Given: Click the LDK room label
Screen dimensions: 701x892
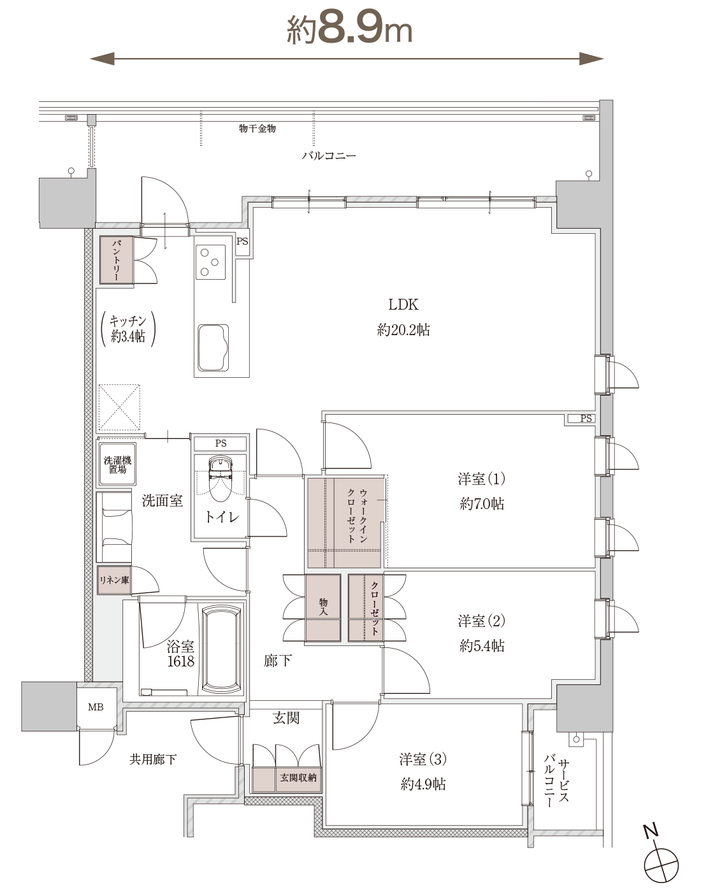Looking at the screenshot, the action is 403,305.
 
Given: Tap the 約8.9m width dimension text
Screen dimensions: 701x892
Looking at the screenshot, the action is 349,29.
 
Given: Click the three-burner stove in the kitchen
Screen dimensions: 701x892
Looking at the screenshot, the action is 210,262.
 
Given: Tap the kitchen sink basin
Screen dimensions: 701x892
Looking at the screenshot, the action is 213,348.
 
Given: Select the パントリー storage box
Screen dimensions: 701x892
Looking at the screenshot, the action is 117,260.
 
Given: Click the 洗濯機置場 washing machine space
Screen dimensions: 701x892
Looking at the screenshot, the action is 117,464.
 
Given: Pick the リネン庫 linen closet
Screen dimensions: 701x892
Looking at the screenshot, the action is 114,580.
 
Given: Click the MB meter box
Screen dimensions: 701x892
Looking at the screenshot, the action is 96,707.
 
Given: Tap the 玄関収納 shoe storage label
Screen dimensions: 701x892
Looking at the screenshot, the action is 298,777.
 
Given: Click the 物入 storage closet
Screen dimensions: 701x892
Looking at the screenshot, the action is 323,608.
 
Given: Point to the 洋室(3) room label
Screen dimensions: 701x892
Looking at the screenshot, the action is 423,759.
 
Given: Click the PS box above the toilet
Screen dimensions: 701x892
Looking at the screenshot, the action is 220,443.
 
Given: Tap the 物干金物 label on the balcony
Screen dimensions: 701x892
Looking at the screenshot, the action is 257,129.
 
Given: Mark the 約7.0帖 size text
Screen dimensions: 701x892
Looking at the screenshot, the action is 482,504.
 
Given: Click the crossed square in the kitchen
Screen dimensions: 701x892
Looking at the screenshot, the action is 119,407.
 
